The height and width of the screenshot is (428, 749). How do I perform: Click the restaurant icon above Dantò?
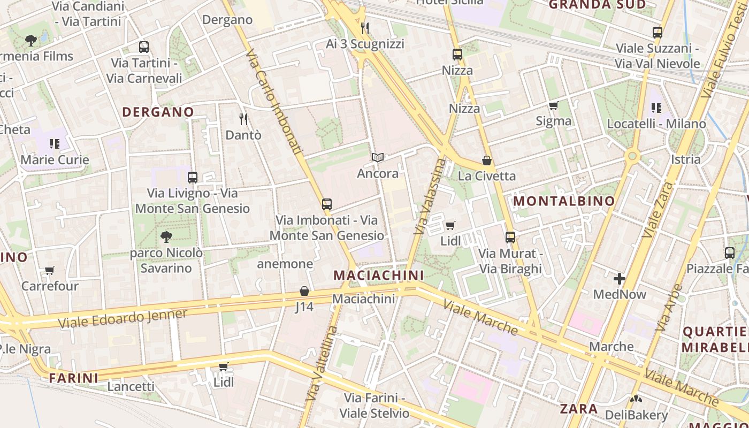pyautogui.click(x=243, y=119)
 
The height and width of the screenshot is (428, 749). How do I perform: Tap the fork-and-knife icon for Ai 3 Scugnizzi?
pyautogui.click(x=365, y=28)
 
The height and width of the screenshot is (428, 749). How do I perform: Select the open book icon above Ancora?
pyautogui.click(x=378, y=157)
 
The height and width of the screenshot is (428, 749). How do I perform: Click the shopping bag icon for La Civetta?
pyautogui.click(x=487, y=160)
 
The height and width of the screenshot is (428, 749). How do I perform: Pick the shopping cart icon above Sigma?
pyautogui.click(x=554, y=105)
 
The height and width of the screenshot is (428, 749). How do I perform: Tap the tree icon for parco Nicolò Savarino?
pyautogui.click(x=166, y=236)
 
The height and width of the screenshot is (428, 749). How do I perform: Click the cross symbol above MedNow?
pyautogui.click(x=620, y=279)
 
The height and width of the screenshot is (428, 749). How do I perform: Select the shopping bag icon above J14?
pyautogui.click(x=304, y=291)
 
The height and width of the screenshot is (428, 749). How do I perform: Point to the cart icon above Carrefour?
pyautogui.click(x=50, y=271)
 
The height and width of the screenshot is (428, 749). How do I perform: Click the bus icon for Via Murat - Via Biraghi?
pyautogui.click(x=510, y=237)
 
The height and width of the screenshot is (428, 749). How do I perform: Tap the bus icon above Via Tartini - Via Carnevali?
pyautogui.click(x=144, y=47)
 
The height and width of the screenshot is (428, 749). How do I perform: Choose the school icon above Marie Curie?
pyautogui.click(x=55, y=143)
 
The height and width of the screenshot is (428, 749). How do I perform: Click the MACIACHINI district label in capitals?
pyautogui.click(x=379, y=275)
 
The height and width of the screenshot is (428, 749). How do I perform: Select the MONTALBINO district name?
pyautogui.click(x=564, y=201)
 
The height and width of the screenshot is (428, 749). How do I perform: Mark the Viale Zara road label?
pyautogui.click(x=659, y=210)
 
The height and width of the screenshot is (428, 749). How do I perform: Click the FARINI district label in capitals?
pyautogui.click(x=74, y=378)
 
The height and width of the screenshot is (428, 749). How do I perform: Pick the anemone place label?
pyautogui.click(x=285, y=264)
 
